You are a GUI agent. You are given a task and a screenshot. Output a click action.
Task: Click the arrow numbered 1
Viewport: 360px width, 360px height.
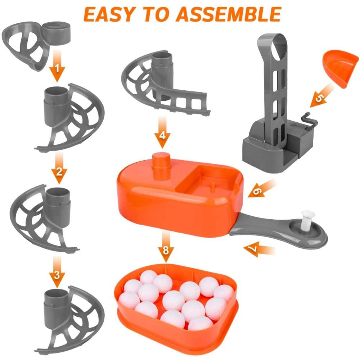coord(57,66)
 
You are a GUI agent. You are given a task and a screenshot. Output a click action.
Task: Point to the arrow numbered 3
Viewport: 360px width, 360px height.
coord(57,272)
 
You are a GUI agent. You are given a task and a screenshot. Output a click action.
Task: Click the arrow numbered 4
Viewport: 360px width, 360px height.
coord(162,132)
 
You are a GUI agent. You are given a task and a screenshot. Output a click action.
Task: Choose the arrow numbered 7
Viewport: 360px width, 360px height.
coord(259,249)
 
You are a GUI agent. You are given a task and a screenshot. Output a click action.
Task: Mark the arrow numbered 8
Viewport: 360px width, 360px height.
coord(166,247)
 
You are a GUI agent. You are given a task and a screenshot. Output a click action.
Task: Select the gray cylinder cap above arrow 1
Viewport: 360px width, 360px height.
coord(56,33)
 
